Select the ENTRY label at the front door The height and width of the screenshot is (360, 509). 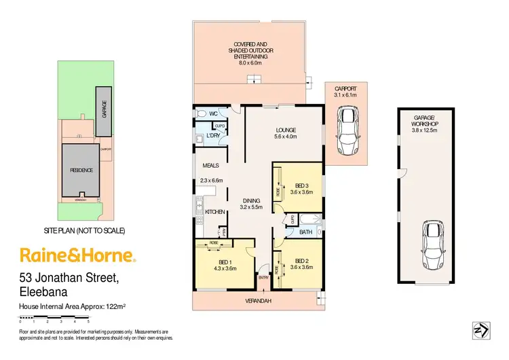tap(264, 278)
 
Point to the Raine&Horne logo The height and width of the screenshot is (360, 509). tap(78, 255)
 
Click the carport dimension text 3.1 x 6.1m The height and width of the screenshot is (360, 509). tap(346, 96)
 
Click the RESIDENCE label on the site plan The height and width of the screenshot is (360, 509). tap(80, 170)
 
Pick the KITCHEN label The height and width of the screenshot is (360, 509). tap(215, 212)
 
